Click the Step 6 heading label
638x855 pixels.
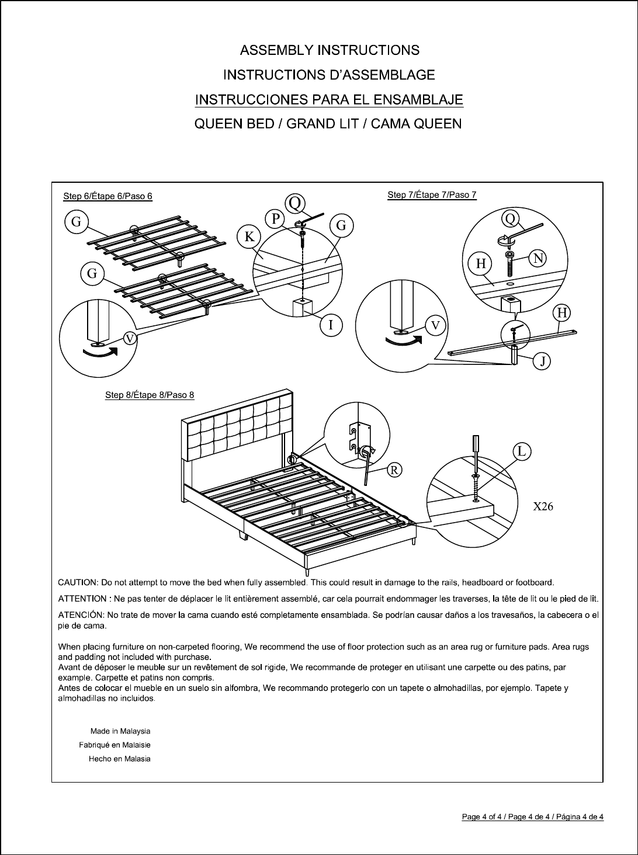click(x=108, y=196)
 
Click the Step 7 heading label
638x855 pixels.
click(x=432, y=195)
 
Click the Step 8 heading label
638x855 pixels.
click(x=150, y=395)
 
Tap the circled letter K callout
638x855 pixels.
click(x=249, y=237)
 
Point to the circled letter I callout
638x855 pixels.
click(x=331, y=325)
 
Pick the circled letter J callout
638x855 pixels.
click(x=543, y=362)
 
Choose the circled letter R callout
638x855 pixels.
click(x=395, y=470)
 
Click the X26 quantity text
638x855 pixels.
click(x=543, y=506)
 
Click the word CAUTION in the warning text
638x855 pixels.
click(x=78, y=582)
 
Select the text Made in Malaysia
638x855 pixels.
click(x=120, y=731)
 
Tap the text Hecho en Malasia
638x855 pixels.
click(x=119, y=759)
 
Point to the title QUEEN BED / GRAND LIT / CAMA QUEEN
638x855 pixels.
click(x=328, y=124)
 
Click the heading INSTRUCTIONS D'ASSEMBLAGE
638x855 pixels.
click(x=330, y=75)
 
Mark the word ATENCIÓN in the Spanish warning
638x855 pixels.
click(x=81, y=615)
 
